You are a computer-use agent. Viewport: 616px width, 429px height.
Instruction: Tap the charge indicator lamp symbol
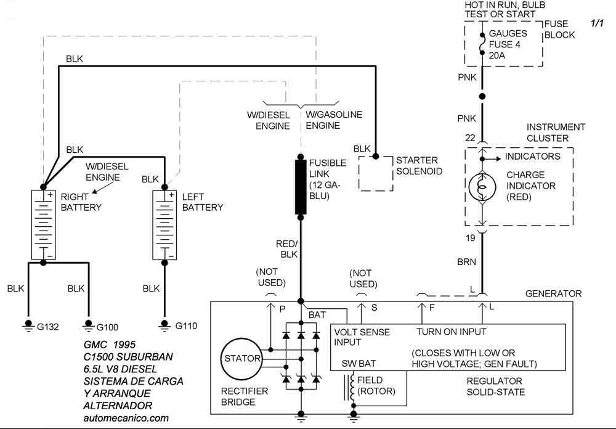(482, 187)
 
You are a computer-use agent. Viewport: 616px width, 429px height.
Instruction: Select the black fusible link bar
(301, 187)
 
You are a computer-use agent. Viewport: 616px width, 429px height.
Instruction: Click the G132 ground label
(47, 327)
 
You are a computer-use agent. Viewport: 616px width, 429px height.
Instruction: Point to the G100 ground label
(107, 327)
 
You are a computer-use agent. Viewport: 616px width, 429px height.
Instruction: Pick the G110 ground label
(186, 326)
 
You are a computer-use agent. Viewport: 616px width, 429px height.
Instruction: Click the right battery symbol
(43, 224)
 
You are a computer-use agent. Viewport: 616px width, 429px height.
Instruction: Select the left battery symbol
(164, 224)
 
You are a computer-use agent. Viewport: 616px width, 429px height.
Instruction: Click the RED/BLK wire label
(287, 249)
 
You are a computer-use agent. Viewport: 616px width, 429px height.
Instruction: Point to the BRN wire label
(466, 262)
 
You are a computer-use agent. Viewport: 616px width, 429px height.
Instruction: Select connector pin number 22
(470, 138)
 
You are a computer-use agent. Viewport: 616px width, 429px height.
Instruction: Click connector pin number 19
(470, 238)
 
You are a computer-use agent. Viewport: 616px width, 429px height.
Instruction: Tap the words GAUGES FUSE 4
(508, 39)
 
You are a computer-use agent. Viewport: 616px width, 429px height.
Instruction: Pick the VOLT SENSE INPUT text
(362, 337)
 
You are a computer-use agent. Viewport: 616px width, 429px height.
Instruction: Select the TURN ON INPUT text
(452, 332)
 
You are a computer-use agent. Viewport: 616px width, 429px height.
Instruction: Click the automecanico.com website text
(126, 418)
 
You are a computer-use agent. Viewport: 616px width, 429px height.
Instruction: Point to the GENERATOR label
(553, 293)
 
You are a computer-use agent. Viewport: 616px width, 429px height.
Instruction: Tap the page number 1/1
(597, 23)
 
